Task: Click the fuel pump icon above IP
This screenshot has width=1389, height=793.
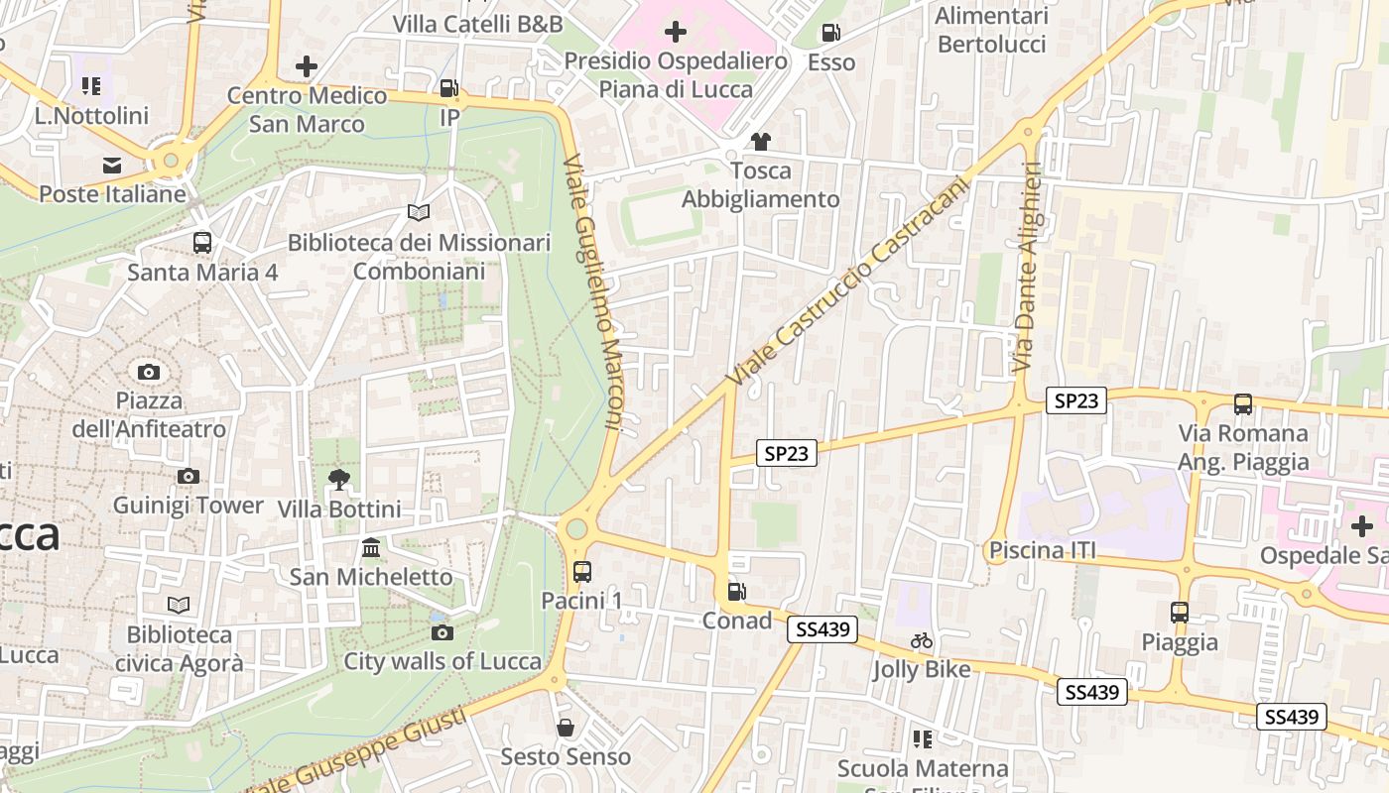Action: click(449, 88)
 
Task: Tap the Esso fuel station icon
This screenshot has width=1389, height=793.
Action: click(831, 33)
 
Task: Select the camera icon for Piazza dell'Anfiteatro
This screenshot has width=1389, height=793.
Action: click(149, 372)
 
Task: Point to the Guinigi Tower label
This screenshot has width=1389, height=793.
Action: click(189, 506)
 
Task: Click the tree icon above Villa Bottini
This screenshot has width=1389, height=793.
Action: click(339, 481)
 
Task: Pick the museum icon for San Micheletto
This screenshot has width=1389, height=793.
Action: click(371, 548)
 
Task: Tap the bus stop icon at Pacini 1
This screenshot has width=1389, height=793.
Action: click(582, 571)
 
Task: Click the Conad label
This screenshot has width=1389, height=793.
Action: click(736, 621)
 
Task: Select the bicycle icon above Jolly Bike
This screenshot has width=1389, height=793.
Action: click(922, 640)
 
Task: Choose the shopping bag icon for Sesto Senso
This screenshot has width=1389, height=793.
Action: click(566, 728)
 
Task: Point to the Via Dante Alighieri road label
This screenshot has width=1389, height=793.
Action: click(1028, 268)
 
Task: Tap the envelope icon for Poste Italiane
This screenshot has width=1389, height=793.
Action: click(112, 165)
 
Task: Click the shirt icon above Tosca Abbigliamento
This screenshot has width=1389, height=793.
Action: click(761, 142)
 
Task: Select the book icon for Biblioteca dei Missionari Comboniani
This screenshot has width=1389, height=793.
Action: click(419, 213)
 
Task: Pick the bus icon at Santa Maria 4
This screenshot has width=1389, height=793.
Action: click(202, 242)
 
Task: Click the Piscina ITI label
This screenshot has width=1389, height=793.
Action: click(1042, 550)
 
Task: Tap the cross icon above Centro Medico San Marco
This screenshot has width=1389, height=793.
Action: click(307, 66)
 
